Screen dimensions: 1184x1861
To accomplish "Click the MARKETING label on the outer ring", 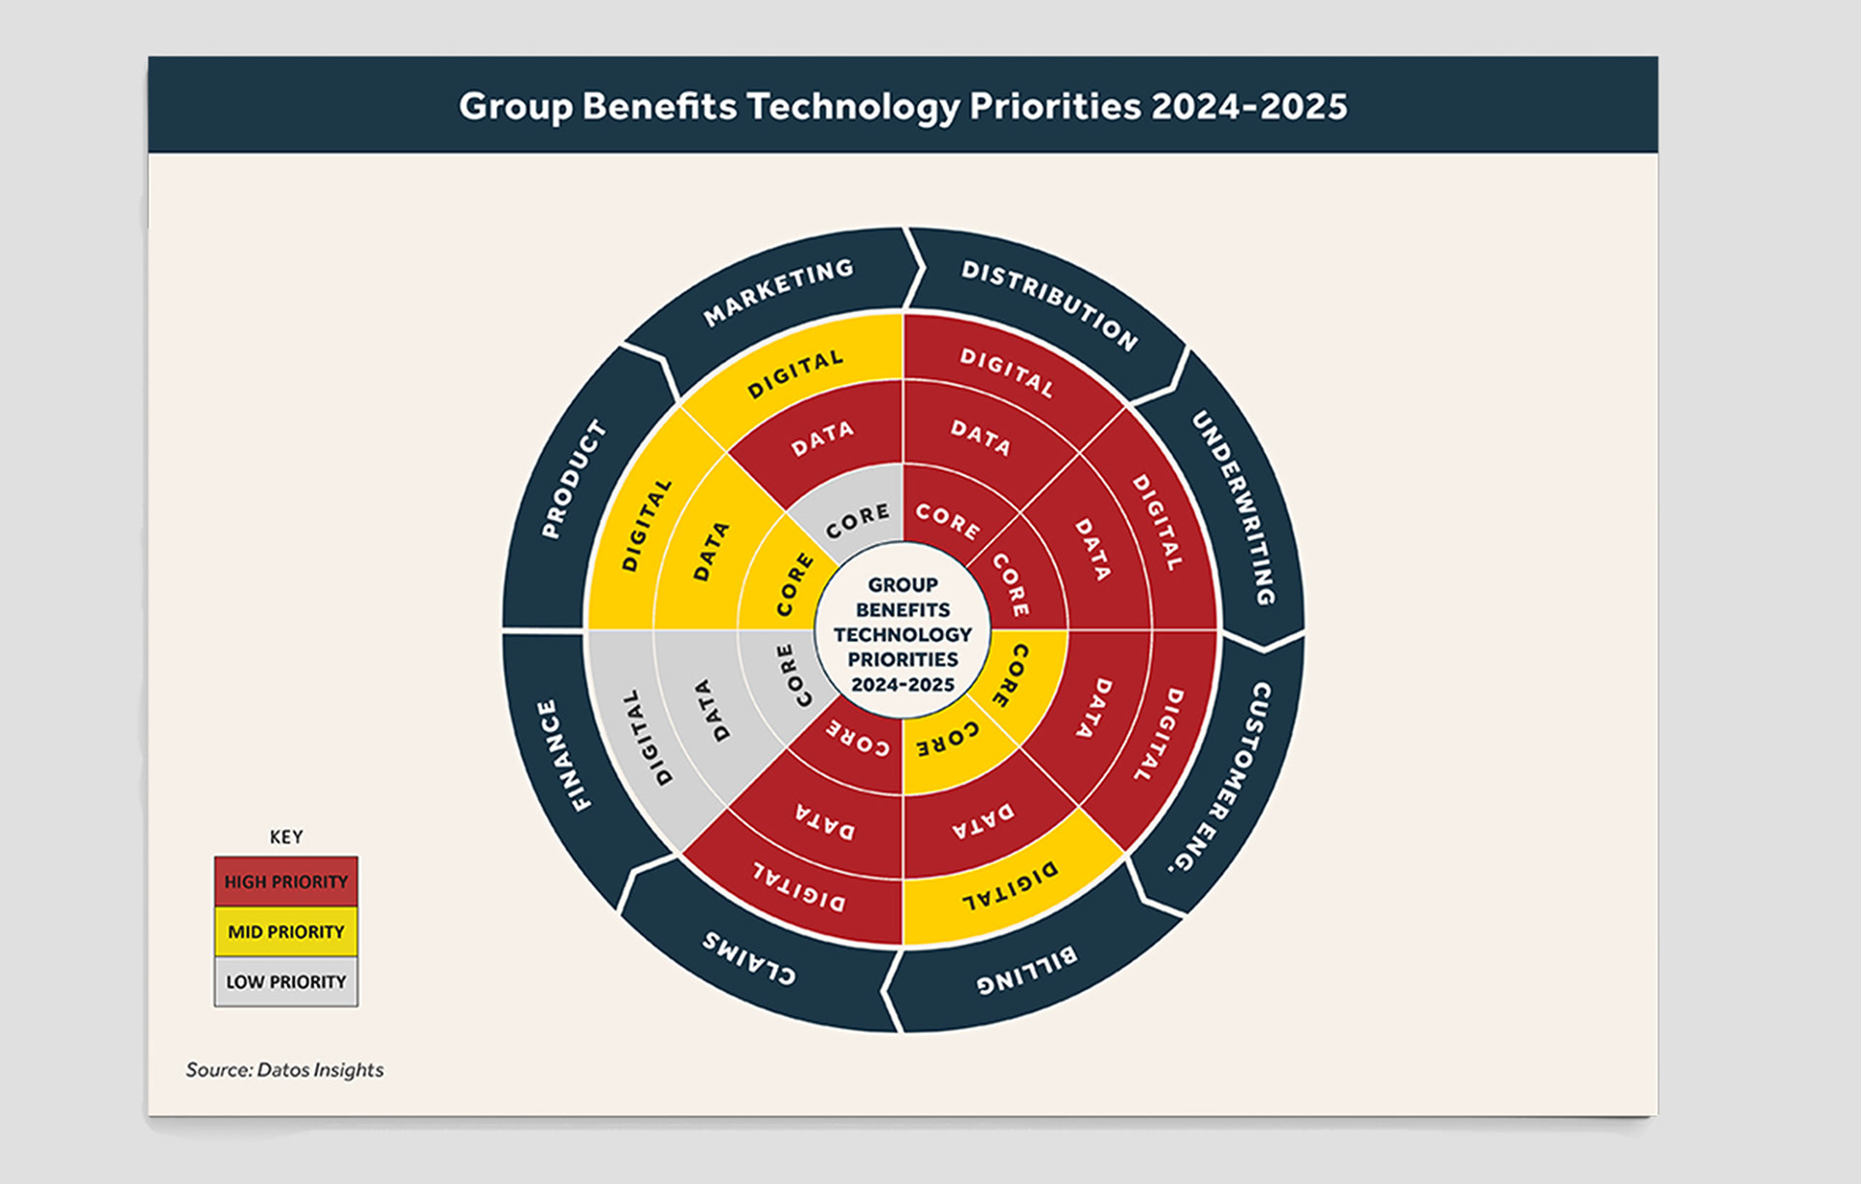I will (778, 292).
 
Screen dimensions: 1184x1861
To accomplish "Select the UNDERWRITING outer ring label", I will (1233, 507).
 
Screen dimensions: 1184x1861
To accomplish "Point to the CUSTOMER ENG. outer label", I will (1223, 777).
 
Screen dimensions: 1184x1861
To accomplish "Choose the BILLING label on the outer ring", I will (1025, 971).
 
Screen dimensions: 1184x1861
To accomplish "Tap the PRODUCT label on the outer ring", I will (573, 479).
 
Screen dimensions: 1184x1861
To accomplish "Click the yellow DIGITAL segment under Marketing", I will (795, 374).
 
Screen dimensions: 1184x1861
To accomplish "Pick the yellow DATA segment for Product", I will (710, 551).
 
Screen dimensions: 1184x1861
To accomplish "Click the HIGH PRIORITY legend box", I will (286, 881).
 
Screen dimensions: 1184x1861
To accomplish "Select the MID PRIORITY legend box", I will (286, 932).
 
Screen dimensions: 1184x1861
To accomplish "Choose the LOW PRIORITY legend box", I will (286, 982).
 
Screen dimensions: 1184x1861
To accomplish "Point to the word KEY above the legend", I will (286, 837).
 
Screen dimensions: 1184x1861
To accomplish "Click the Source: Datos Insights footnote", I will (285, 1070).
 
